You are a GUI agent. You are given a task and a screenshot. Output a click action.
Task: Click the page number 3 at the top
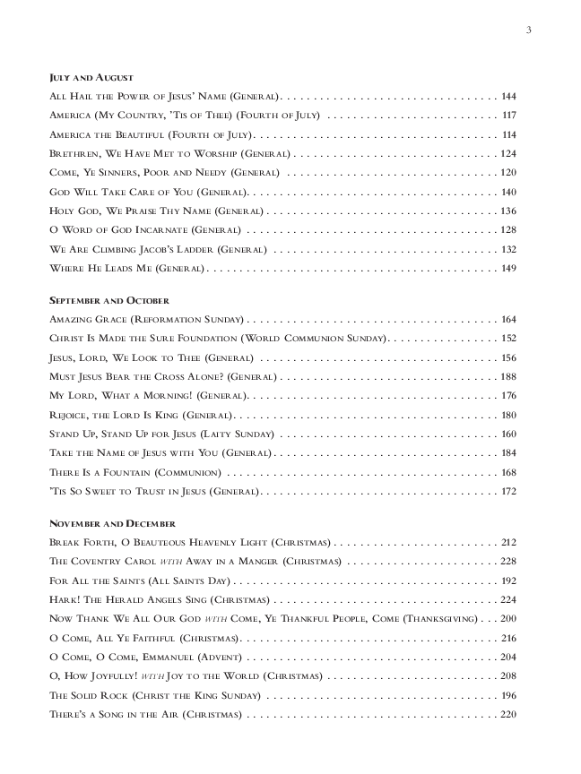coord(529,31)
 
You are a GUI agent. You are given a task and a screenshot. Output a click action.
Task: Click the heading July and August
coord(91,78)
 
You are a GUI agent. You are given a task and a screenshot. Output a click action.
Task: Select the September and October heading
coord(108,300)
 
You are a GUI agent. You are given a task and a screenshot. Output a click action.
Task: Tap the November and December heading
coord(112,522)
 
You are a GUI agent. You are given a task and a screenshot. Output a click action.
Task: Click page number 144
coord(509,95)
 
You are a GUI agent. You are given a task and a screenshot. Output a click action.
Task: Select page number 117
coord(509,115)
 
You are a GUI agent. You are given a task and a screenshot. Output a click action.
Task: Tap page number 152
coord(509,339)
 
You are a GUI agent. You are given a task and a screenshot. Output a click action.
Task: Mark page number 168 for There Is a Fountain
coord(509,472)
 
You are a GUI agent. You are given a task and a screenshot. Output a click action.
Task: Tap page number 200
coord(509,619)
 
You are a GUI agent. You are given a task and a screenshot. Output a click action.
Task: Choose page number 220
coord(509,715)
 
